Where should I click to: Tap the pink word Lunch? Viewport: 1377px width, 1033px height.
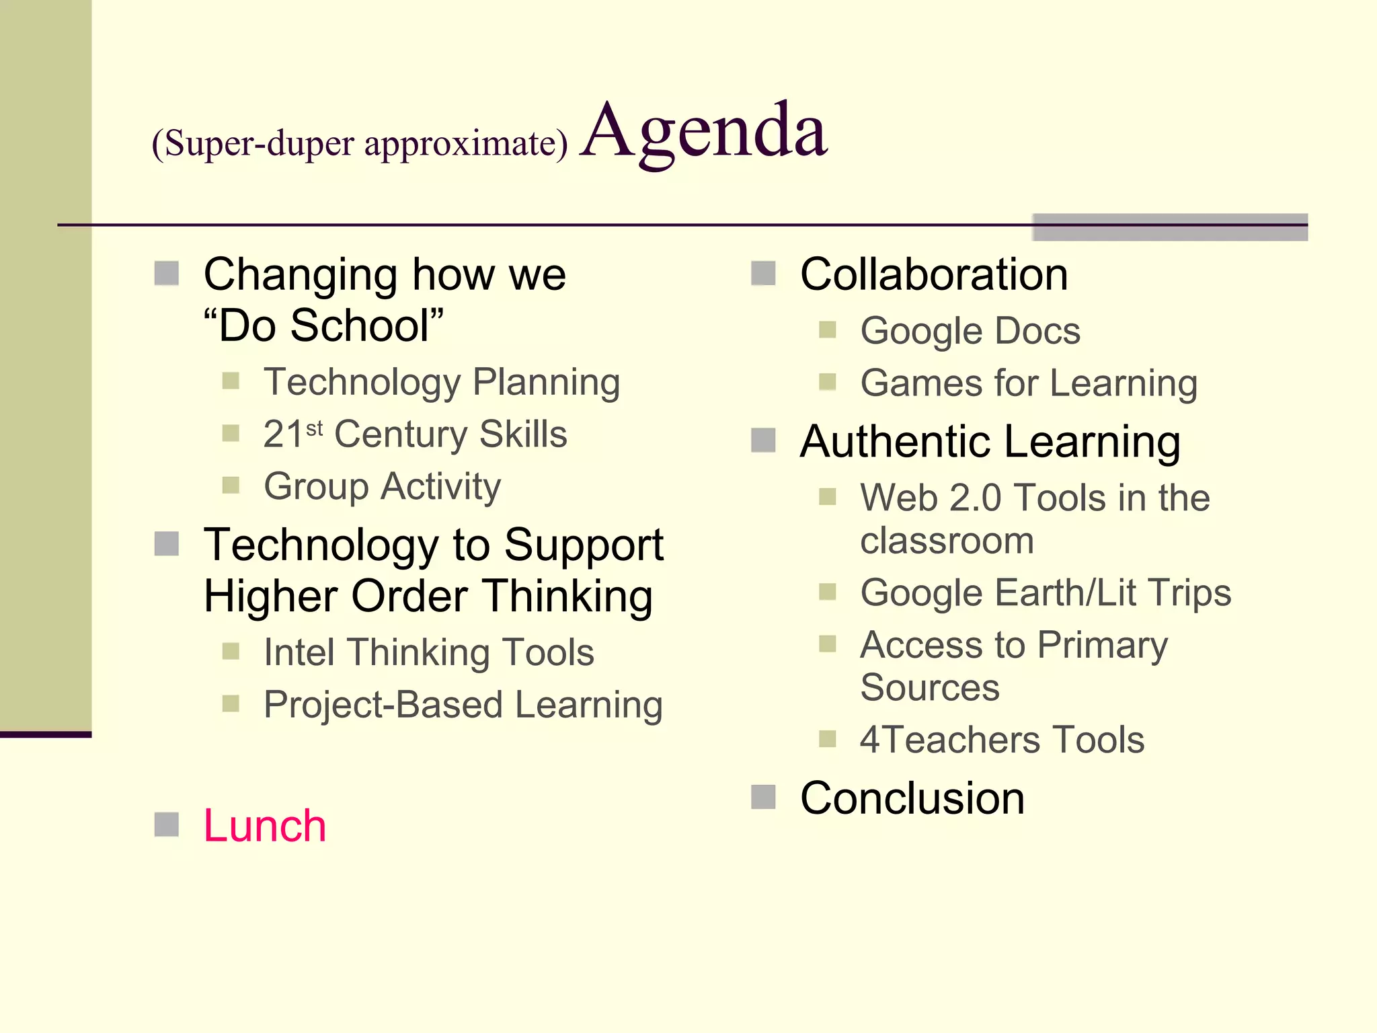(x=265, y=825)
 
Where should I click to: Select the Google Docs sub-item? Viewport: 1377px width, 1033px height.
(x=970, y=331)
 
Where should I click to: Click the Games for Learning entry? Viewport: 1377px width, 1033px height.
(x=1029, y=383)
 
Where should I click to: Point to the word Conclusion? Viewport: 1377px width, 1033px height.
(x=912, y=798)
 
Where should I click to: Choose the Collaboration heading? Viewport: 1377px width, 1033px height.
(x=934, y=274)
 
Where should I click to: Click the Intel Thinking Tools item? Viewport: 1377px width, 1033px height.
(x=429, y=652)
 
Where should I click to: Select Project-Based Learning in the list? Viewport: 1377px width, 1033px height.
(x=463, y=705)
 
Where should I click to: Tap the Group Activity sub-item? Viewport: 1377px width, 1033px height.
(x=382, y=486)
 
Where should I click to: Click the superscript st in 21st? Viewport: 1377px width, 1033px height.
(x=315, y=428)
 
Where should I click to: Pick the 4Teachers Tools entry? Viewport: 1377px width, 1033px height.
(x=1002, y=740)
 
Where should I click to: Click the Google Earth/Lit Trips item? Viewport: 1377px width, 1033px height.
(x=1046, y=593)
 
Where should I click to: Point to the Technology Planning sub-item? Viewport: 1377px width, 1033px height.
(x=442, y=382)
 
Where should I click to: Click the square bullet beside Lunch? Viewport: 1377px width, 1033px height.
(x=166, y=825)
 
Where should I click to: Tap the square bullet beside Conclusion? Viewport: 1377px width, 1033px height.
(x=763, y=797)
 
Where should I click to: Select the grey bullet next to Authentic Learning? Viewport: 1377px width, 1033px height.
(x=763, y=441)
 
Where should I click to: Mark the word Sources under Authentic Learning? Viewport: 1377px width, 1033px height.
(x=930, y=687)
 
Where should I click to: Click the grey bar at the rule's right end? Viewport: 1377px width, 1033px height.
(x=1170, y=227)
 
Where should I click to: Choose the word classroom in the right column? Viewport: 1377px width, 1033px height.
(x=947, y=541)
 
